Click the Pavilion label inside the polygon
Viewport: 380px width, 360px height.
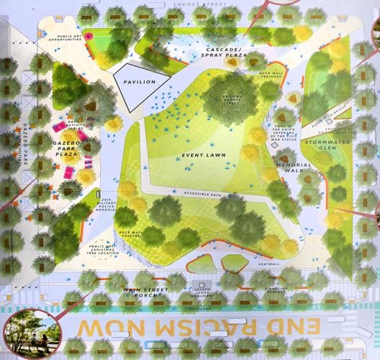(139, 83)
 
